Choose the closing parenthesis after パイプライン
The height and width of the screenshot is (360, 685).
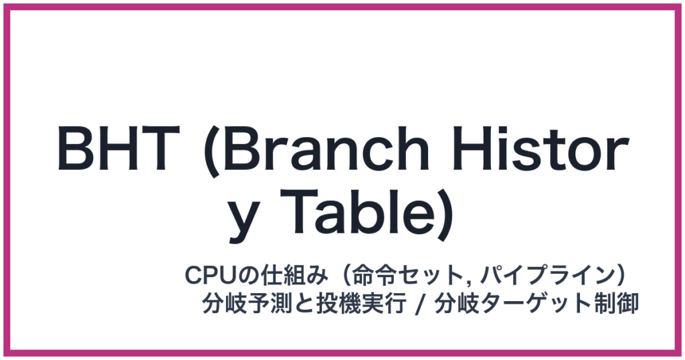point(620,276)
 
